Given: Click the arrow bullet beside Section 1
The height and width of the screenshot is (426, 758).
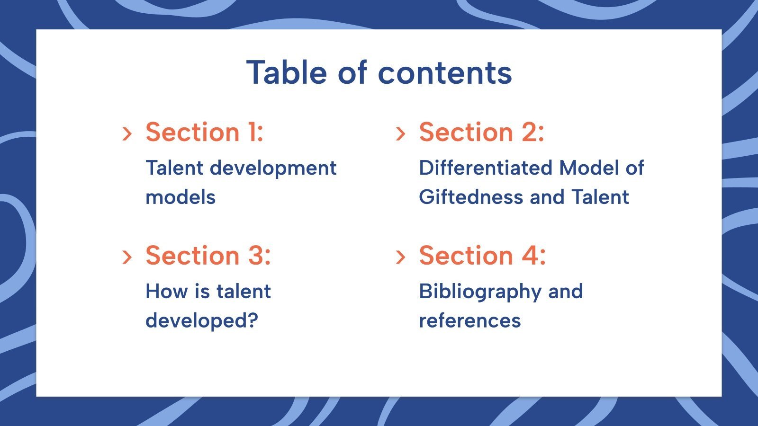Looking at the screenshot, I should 127,133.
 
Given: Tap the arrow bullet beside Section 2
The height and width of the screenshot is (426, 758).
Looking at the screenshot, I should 400,133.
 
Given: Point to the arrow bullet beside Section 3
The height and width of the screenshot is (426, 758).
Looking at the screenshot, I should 127,257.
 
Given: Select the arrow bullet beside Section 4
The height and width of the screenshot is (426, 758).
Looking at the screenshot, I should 400,257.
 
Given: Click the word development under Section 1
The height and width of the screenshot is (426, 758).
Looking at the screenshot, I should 273,168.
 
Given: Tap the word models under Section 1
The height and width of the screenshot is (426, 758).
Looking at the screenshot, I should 180,197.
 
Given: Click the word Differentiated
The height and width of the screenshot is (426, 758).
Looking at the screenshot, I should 486,168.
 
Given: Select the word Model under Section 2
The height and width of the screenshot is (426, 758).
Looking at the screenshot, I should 588,168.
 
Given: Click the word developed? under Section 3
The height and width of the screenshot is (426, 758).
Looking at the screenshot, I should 202,321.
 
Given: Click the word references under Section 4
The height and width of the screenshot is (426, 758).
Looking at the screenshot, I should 469,321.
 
